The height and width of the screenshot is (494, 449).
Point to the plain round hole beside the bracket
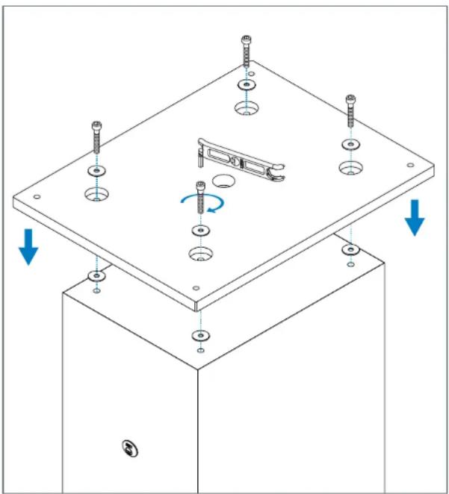coord(222,180)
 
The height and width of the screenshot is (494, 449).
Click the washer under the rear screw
coord(245,84)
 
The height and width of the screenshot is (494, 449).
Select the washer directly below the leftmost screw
coord(96,171)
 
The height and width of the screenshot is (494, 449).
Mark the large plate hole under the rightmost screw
coord(349,167)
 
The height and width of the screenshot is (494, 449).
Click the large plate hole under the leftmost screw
coord(96,196)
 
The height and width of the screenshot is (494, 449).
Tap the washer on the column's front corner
coord(199,334)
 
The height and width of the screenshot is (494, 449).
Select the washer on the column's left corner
coord(97,276)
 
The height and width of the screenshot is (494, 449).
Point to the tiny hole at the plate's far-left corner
coord(37,196)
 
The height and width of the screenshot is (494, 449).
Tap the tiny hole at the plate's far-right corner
coord(409,166)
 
